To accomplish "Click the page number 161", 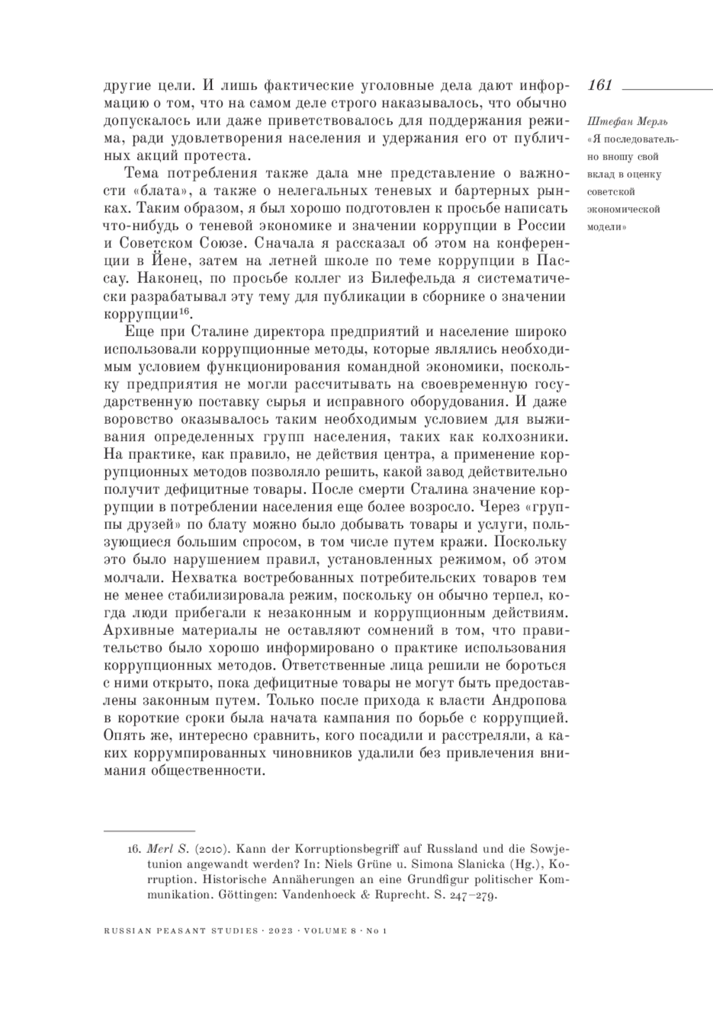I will tap(600, 85).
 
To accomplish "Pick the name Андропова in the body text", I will tap(530, 700).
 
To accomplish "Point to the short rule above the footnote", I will tap(149, 830).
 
